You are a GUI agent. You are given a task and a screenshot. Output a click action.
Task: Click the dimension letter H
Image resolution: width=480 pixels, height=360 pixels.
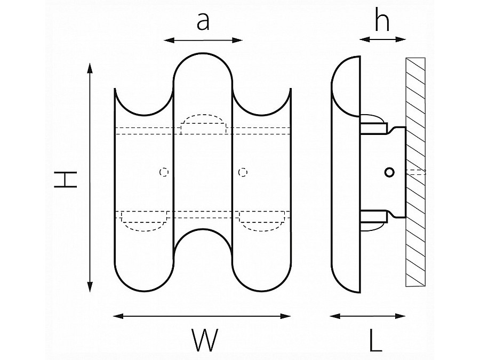pos(66,180)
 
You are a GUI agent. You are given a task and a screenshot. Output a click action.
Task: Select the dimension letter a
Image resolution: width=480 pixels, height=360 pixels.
pos(203,22)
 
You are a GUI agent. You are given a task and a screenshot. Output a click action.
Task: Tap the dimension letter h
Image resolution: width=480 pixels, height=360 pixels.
pos(381,22)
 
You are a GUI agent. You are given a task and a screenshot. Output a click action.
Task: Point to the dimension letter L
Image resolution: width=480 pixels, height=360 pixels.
pos(375,340)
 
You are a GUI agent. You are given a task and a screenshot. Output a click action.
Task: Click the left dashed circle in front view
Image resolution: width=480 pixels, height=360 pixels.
pos(165,172)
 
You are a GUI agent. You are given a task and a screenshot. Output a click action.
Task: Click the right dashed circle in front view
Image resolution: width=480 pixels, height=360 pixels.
pos(243,172)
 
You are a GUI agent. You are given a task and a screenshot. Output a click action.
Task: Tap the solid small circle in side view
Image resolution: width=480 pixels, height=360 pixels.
pos(390,172)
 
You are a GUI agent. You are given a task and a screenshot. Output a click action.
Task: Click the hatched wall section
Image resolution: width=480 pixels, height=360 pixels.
pos(415,171)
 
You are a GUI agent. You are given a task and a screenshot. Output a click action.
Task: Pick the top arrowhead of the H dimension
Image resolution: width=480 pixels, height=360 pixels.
pos(90,67)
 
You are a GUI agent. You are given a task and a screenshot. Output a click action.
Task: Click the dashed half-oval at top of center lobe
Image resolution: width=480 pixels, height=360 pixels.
pos(204,123)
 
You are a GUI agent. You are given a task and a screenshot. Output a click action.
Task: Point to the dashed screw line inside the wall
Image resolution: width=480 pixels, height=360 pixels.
pos(416,172)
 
